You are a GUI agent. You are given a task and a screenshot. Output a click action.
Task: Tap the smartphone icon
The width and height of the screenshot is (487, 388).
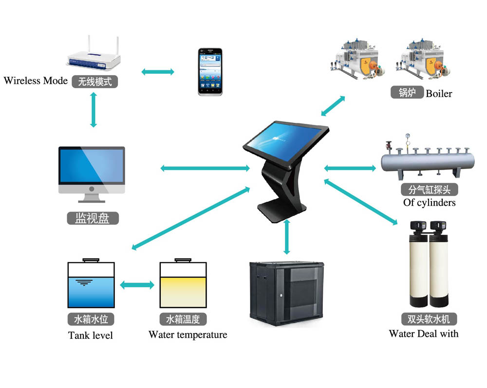click(x=210, y=71)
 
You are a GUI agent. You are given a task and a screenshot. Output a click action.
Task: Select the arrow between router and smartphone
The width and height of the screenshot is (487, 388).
click(x=157, y=72)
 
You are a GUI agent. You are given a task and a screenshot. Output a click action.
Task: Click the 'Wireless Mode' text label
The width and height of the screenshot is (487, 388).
click(x=36, y=81)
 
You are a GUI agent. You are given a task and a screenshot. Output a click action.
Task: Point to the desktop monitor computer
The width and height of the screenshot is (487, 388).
click(x=92, y=174)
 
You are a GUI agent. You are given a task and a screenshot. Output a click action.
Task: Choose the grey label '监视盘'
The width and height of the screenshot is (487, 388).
click(x=92, y=218)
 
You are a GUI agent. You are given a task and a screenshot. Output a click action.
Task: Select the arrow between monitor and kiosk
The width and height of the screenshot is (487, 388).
click(x=205, y=169)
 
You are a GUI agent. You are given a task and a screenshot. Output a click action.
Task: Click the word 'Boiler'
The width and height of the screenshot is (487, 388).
click(x=439, y=94)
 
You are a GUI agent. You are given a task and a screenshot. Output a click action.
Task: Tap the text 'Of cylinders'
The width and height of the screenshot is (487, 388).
click(x=430, y=202)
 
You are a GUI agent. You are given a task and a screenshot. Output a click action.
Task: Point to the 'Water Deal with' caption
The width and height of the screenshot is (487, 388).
click(x=424, y=334)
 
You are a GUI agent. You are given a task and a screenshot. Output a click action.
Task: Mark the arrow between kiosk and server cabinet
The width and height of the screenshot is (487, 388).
click(x=287, y=237)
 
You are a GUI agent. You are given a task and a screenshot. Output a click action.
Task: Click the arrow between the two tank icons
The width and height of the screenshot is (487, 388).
click(x=137, y=285)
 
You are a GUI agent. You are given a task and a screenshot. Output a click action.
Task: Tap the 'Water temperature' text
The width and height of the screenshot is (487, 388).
click(x=187, y=335)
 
